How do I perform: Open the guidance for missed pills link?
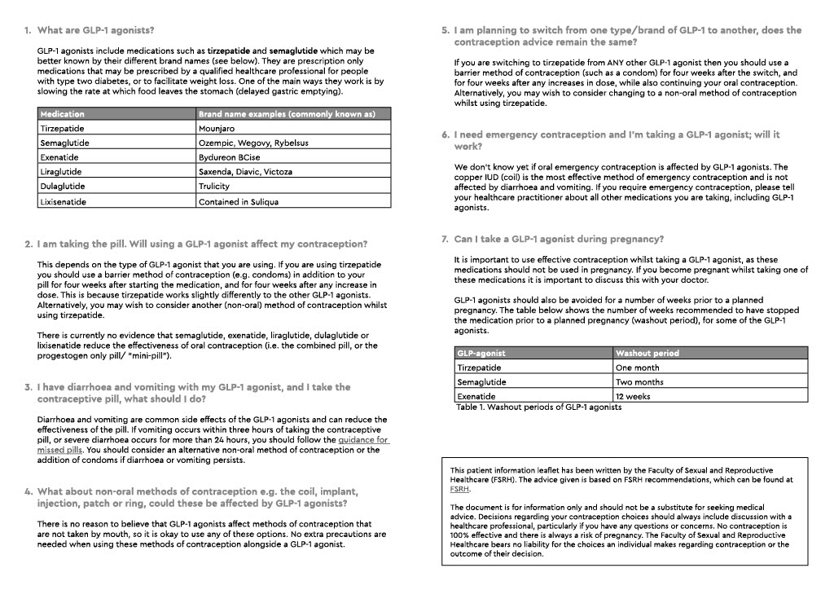[364, 444]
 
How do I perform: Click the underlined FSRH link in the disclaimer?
[460, 490]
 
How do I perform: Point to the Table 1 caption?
[538, 407]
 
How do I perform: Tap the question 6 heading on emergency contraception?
[617, 140]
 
